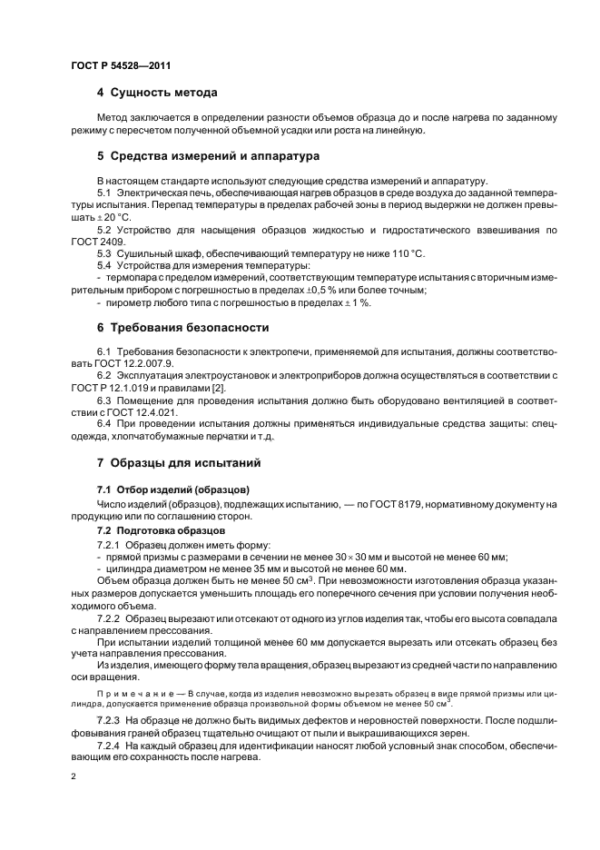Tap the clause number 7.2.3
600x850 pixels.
pos(112,719)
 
